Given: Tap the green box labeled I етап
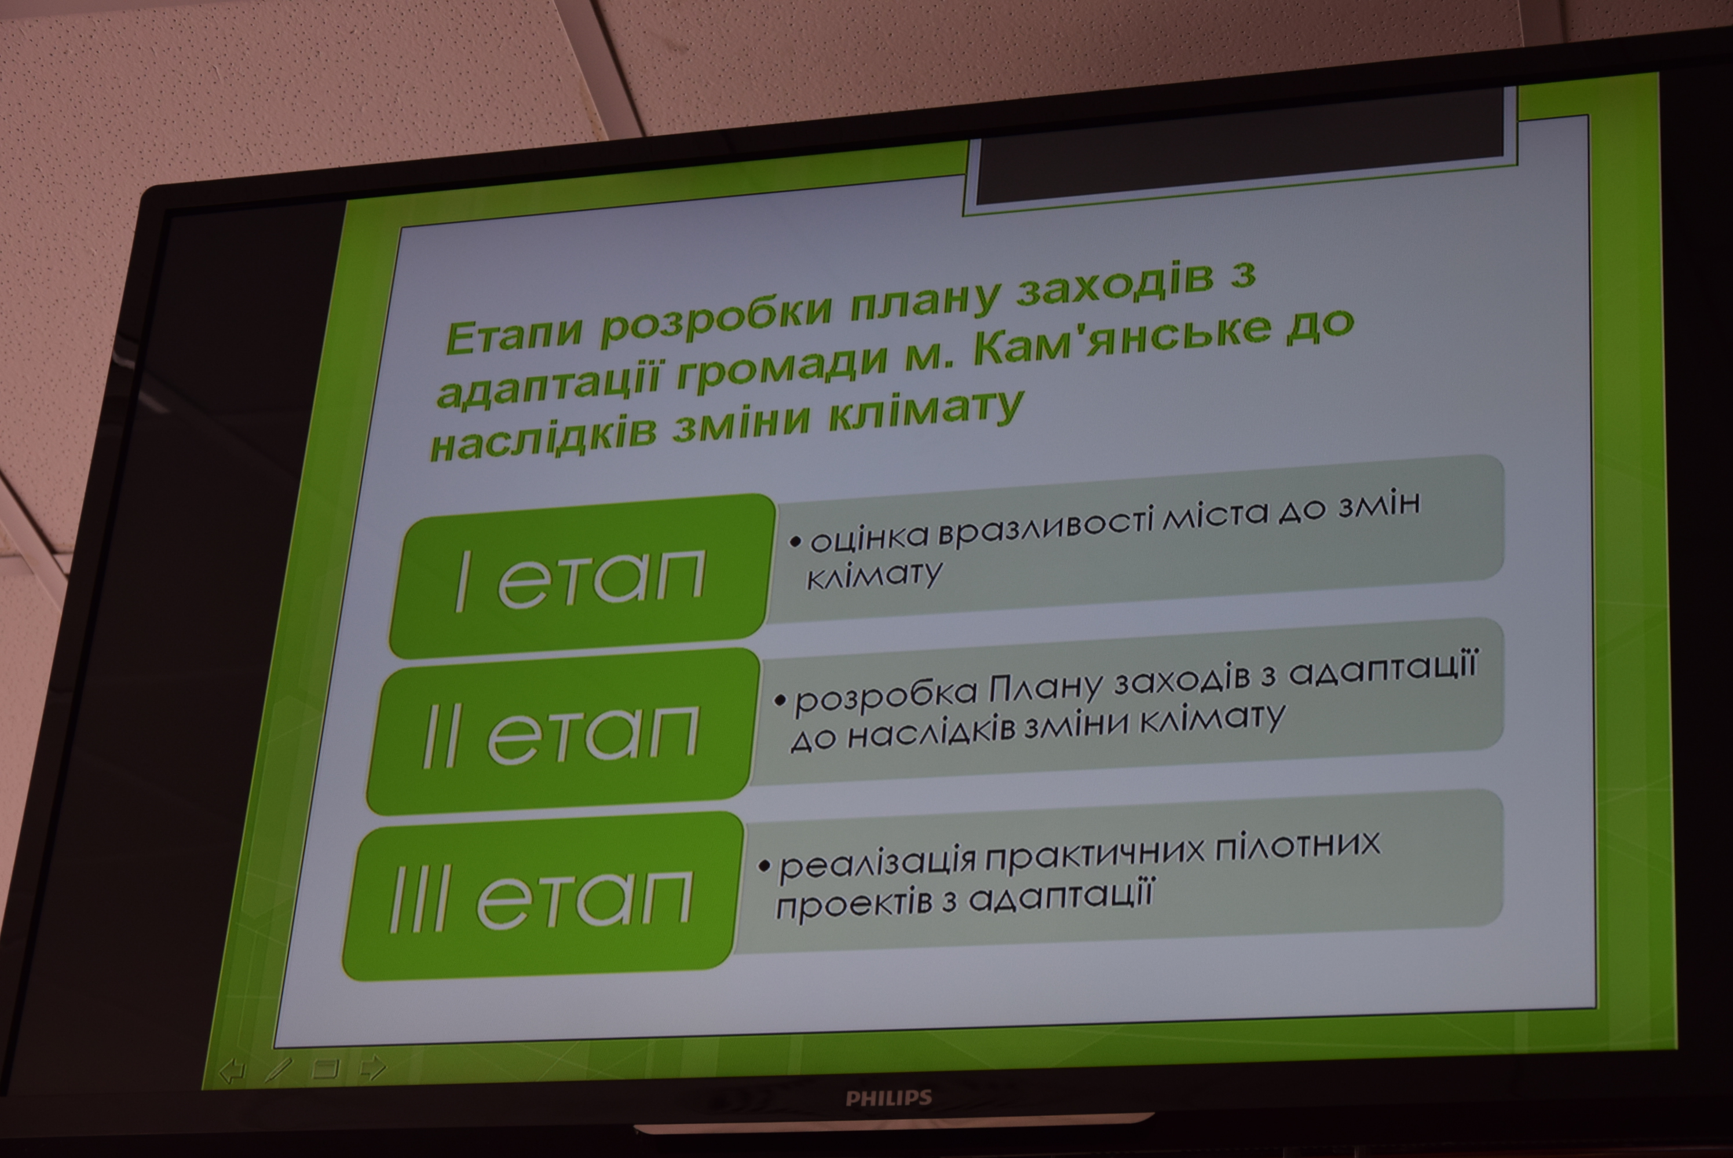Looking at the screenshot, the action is tap(582, 576).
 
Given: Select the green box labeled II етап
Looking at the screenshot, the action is tap(563, 732).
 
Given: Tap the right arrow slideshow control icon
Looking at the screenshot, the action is tap(372, 1068).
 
